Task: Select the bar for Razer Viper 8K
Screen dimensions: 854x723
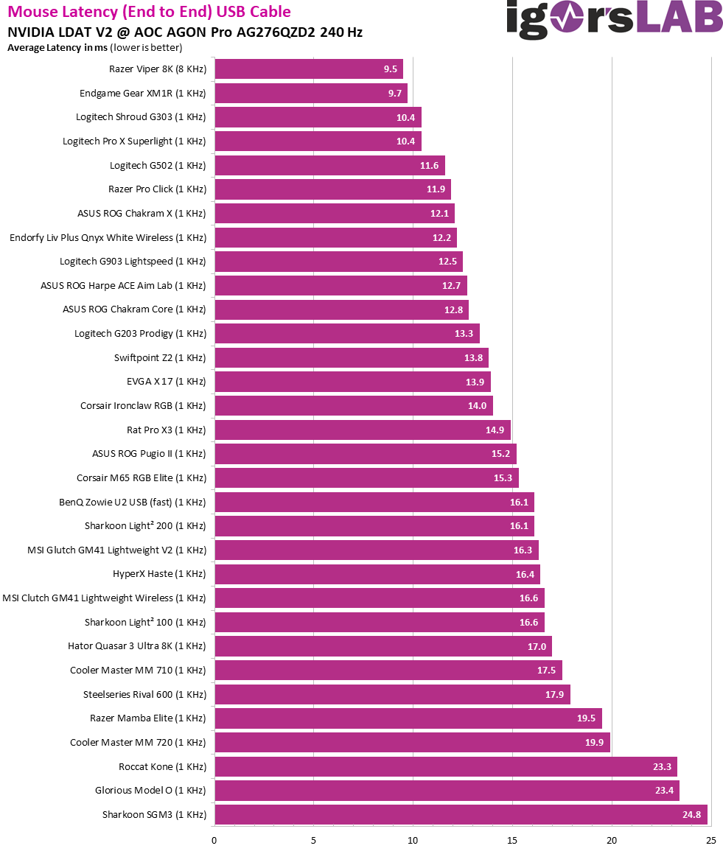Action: (x=308, y=70)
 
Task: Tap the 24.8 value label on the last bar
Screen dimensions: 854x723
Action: (x=691, y=815)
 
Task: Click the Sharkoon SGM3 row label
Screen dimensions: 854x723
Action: (x=154, y=815)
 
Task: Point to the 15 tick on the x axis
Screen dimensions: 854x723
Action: (x=512, y=840)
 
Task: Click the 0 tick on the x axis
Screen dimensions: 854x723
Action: (x=214, y=840)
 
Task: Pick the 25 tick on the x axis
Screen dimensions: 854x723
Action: (x=711, y=840)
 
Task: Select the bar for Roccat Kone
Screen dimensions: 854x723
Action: (x=445, y=767)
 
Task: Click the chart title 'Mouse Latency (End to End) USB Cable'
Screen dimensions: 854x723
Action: (x=150, y=12)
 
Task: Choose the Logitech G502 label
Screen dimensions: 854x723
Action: (x=158, y=165)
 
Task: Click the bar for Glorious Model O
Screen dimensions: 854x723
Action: (x=446, y=791)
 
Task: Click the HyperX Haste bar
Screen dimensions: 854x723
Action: (x=377, y=574)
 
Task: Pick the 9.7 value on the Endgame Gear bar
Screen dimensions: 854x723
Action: (x=392, y=94)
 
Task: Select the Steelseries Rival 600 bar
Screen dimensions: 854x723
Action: (x=391, y=694)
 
